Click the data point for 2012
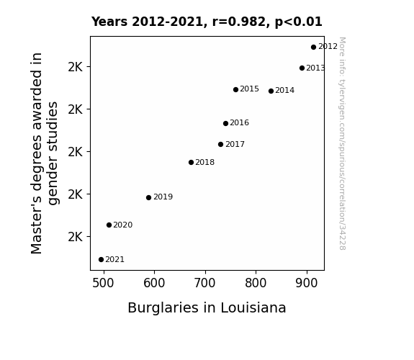(313, 48)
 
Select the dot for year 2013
(302, 68)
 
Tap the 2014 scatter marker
(271, 91)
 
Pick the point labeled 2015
(235, 90)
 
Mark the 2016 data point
(225, 124)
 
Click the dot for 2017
(221, 145)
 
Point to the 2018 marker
(191, 163)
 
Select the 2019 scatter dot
(148, 197)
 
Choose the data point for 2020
(109, 225)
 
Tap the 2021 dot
(101, 260)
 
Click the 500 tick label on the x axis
(103, 283)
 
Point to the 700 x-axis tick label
(205, 283)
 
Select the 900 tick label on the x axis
(307, 283)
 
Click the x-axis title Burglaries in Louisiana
(207, 308)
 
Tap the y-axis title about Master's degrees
(44, 153)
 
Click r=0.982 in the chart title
(239, 22)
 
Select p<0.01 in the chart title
(299, 22)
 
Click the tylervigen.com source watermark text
(342, 144)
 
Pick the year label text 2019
(163, 197)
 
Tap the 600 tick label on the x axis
(154, 283)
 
